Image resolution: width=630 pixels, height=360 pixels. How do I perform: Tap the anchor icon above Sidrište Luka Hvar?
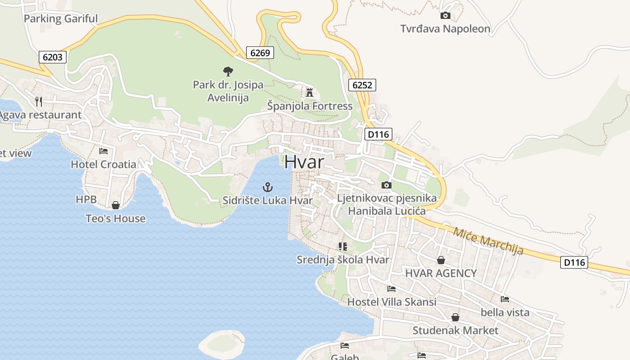[268, 187]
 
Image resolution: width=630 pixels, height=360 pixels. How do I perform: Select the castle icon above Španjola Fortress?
[310, 93]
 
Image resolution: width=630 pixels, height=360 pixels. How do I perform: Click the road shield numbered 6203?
[53, 57]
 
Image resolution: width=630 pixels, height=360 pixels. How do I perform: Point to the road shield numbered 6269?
[260, 53]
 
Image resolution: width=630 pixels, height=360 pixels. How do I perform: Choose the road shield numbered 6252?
[362, 85]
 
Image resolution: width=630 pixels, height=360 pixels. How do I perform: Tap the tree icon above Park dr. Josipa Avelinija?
[228, 71]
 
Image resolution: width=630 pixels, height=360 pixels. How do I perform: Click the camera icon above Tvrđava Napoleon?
[445, 16]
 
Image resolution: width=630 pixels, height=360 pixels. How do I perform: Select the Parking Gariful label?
[60, 19]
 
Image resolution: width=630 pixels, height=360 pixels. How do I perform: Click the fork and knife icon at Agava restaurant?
[39, 102]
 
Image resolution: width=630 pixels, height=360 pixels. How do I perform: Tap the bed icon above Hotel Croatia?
[103, 151]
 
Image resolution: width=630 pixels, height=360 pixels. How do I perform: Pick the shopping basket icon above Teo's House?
[116, 205]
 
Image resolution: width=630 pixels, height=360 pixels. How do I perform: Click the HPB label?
[86, 199]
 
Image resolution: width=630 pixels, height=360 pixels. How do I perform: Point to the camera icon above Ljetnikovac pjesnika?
[386, 185]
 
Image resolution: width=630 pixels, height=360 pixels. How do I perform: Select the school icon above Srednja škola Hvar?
[343, 246]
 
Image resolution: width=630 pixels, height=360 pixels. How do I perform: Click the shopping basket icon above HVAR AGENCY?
[441, 260]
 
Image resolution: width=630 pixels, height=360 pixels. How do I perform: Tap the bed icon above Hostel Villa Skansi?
[391, 288]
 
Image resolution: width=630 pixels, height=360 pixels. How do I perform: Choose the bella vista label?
[505, 312]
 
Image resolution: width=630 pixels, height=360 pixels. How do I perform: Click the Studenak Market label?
[455, 331]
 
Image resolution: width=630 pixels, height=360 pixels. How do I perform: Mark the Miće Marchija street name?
[488, 241]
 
